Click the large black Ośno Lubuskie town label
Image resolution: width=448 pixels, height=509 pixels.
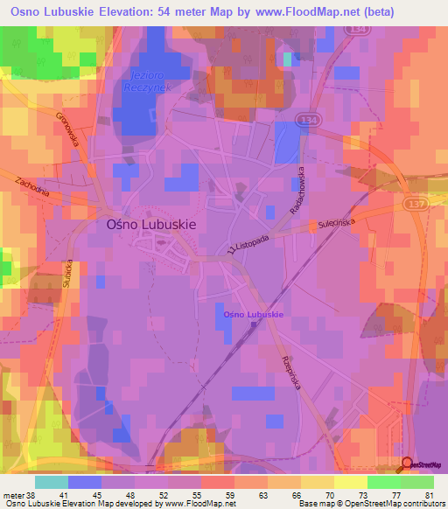tap(150, 223)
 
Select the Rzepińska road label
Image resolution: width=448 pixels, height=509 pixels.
tap(290, 373)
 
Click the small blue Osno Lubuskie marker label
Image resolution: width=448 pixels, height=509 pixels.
tap(252, 314)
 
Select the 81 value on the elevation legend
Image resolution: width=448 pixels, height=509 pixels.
tap(429, 494)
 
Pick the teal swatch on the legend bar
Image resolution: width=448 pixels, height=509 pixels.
tap(51, 481)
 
